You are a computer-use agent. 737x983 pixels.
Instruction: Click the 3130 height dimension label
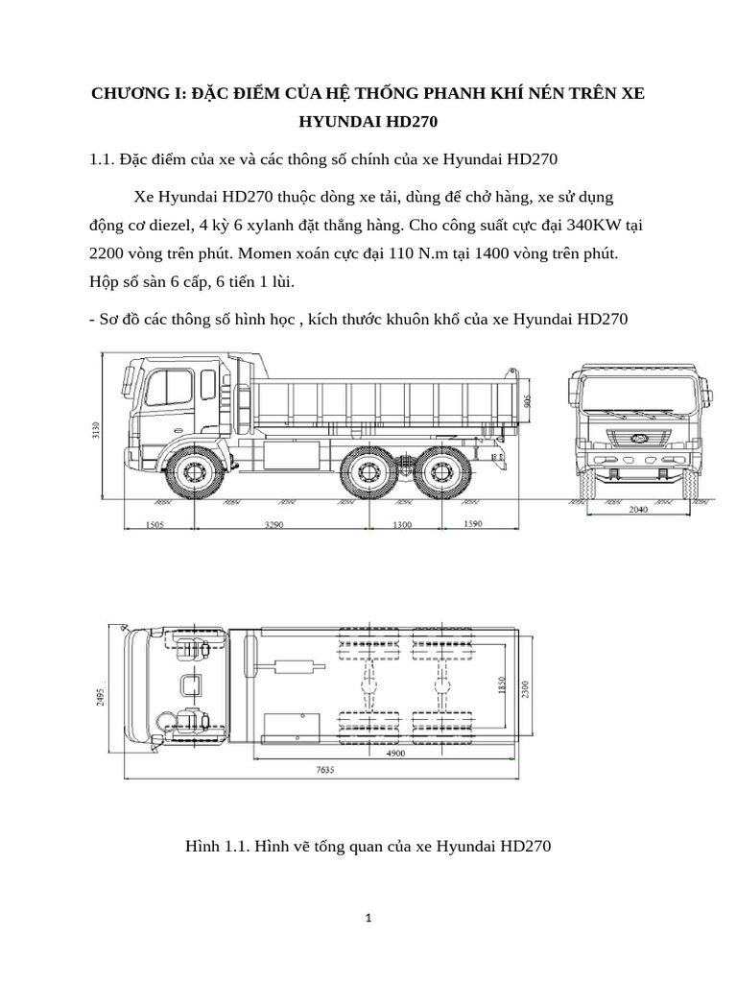coord(96,429)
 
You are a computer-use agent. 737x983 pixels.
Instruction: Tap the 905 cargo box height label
coord(528,397)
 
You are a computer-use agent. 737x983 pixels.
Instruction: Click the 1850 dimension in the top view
coord(500,688)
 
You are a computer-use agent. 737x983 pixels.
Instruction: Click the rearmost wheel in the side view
coord(442,471)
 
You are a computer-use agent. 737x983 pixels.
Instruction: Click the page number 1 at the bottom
coord(368,918)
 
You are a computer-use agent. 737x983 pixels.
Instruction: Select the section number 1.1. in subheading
coord(103,158)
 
